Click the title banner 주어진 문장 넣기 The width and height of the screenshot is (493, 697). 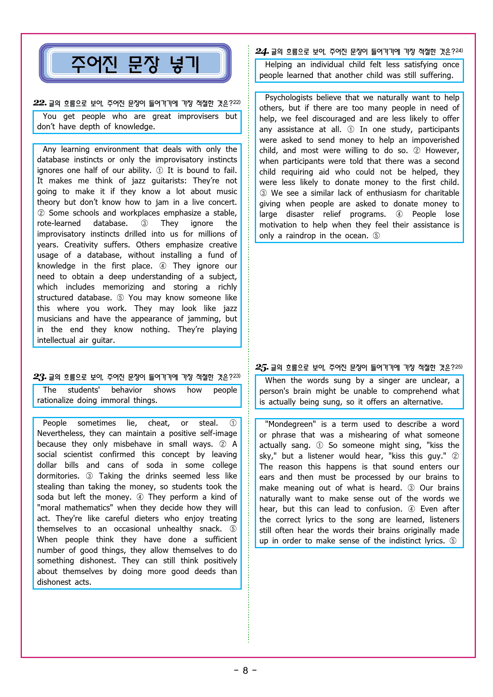135,64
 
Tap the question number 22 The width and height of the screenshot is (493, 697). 40,103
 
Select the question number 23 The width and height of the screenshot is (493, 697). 40,377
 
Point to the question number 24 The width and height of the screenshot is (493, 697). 262,51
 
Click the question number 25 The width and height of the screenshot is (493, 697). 262,367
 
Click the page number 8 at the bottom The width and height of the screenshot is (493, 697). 245,670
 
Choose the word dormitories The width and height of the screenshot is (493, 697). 58,476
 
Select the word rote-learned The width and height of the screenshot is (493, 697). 59,223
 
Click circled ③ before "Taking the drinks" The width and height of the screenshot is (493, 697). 89,476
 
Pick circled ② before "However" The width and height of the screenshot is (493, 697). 417,150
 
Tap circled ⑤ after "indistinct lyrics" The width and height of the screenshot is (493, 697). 453,541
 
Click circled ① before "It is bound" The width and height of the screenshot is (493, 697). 159,170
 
